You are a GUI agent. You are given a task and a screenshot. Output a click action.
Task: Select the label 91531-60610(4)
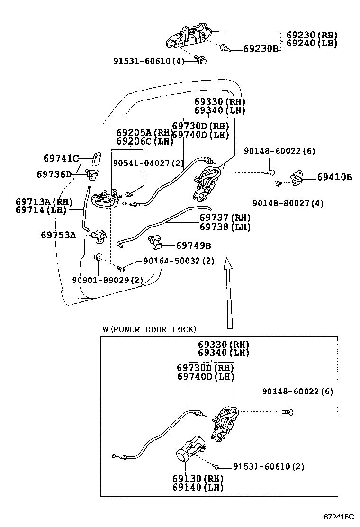pyautogui.click(x=148, y=61)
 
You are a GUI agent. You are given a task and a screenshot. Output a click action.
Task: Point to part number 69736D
pyautogui.click(x=54, y=174)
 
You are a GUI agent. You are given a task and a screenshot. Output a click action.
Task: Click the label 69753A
pyautogui.click(x=59, y=235)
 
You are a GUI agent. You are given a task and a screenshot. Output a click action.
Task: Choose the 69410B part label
pyautogui.click(x=334, y=177)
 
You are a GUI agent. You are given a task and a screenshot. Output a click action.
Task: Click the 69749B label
pyautogui.click(x=193, y=245)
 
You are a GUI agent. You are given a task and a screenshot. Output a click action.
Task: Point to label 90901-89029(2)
pyautogui.click(x=107, y=280)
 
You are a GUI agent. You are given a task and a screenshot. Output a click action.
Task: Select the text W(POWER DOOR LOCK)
pyautogui.click(x=149, y=329)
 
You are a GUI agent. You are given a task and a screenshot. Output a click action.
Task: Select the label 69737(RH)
pyautogui.click(x=225, y=218)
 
